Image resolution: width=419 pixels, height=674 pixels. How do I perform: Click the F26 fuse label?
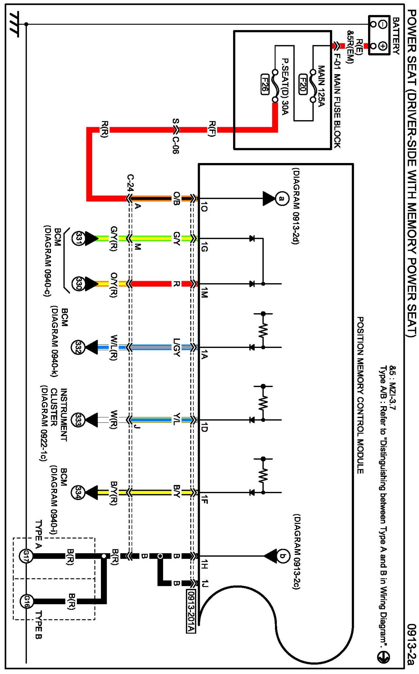click(x=264, y=84)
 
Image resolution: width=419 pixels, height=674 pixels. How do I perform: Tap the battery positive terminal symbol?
click(x=383, y=46)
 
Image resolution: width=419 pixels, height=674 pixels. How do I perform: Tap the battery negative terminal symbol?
click(x=383, y=24)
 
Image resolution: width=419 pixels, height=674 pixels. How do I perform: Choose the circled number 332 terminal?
click(x=78, y=348)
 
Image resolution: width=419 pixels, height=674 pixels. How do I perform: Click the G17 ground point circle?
click(x=26, y=556)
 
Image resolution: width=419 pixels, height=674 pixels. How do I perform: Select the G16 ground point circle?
click(x=26, y=601)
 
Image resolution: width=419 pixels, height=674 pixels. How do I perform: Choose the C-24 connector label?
click(x=130, y=183)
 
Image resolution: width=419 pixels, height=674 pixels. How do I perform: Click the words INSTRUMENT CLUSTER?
click(x=58, y=415)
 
